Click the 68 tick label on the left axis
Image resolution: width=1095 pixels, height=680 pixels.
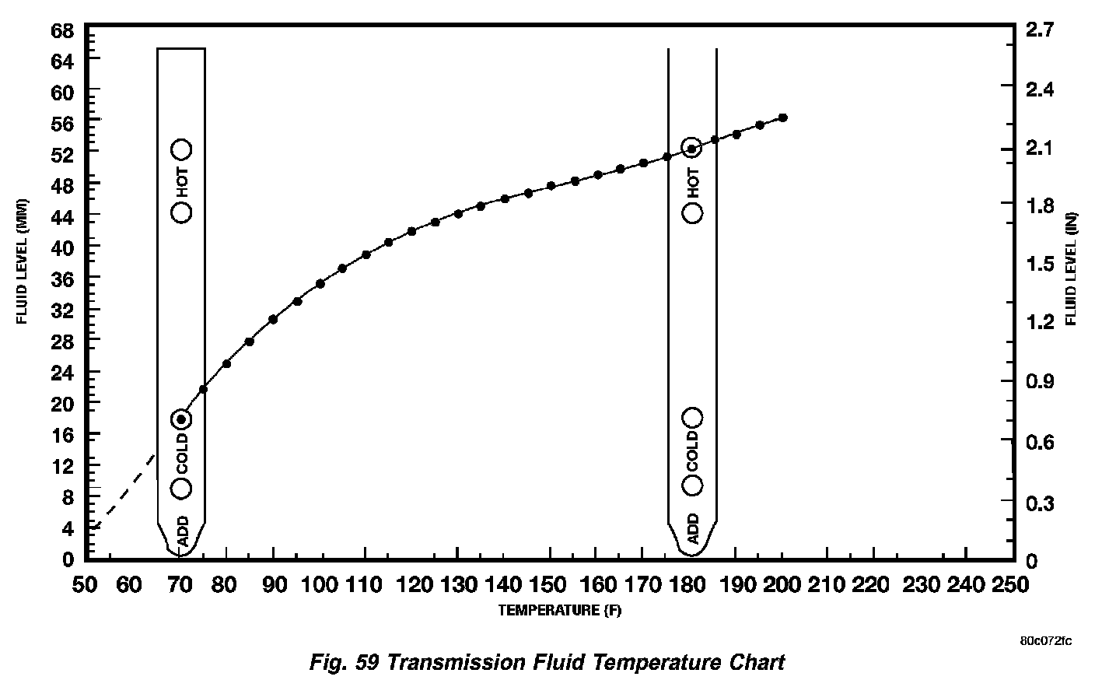[61, 32]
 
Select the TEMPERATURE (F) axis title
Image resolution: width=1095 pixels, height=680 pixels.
[560, 611]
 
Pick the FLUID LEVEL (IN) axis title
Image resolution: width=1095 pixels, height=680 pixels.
[1072, 268]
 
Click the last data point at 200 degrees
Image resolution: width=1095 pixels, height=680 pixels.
[783, 117]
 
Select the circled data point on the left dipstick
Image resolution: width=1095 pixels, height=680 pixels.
[181, 419]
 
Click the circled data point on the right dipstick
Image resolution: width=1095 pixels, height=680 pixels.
[692, 149]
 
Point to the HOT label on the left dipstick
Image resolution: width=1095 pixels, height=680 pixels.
[182, 181]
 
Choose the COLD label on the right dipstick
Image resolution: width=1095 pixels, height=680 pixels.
[693, 451]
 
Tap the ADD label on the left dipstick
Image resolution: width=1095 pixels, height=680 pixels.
[183, 531]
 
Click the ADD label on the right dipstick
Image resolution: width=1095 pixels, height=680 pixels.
[693, 528]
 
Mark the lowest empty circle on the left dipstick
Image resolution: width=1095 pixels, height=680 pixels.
[181, 488]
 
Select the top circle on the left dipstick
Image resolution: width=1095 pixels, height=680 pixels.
[181, 149]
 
